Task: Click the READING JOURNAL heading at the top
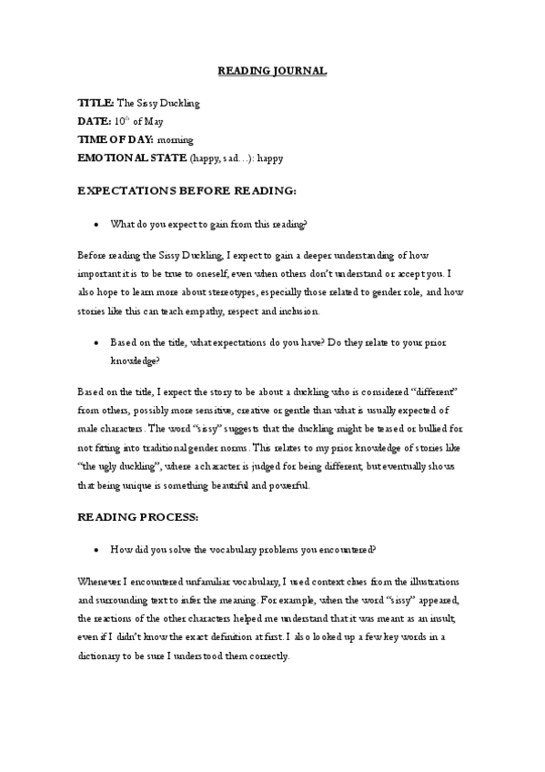tap(272, 69)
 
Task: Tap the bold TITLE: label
tap(96, 104)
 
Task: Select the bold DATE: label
tap(94, 122)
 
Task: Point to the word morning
tap(175, 139)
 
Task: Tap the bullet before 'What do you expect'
tap(96, 224)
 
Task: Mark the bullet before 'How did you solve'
tap(96, 552)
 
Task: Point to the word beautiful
tap(232, 486)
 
